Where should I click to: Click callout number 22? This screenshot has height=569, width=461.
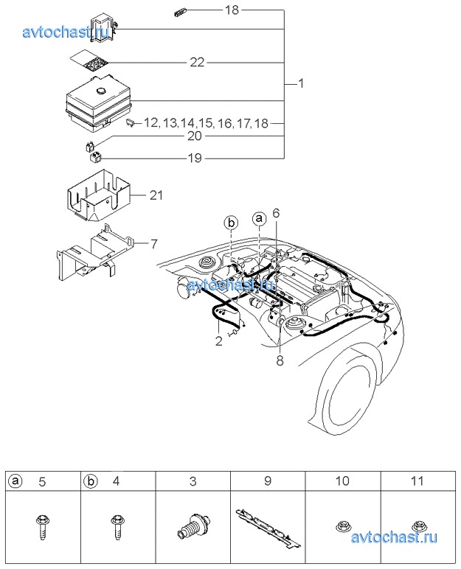(197, 63)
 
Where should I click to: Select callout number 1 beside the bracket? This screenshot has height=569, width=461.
(301, 83)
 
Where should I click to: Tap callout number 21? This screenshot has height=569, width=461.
(156, 195)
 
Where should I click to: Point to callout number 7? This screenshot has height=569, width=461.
(154, 244)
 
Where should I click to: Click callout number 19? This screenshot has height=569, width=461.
(195, 158)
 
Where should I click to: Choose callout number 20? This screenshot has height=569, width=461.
(195, 136)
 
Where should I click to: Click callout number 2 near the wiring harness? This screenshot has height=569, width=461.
(218, 341)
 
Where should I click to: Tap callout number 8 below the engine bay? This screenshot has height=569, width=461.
(280, 361)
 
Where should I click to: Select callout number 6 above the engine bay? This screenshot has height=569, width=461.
(276, 213)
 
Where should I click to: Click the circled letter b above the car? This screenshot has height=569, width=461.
(231, 223)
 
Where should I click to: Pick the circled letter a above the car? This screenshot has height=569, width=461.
(259, 218)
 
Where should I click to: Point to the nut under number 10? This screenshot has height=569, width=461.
(342, 526)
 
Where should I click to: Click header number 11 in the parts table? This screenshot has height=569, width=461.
(417, 481)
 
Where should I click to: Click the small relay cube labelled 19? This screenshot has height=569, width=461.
(95, 158)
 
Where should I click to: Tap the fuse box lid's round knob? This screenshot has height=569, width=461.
(99, 91)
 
